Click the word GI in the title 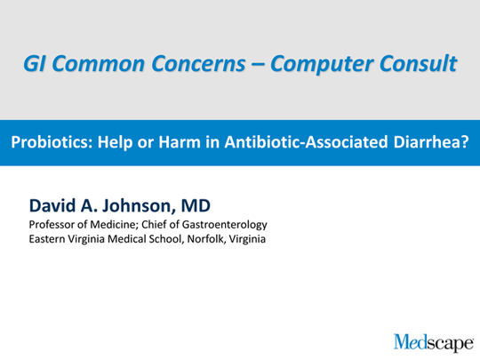click(x=36, y=63)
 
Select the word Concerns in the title click(x=198, y=63)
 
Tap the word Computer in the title click(x=322, y=64)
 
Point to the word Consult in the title click(x=418, y=63)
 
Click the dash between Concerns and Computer click(x=258, y=65)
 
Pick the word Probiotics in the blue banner click(x=52, y=142)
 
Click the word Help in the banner click(x=115, y=142)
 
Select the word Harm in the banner click(x=180, y=142)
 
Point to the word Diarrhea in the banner click(x=427, y=142)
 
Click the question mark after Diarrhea click(x=464, y=142)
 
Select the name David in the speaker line click(x=52, y=205)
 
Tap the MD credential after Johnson click(x=196, y=205)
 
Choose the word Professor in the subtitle click(x=52, y=224)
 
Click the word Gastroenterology click(x=225, y=225)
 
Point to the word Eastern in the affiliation click(x=47, y=239)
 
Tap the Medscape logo click(x=434, y=342)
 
